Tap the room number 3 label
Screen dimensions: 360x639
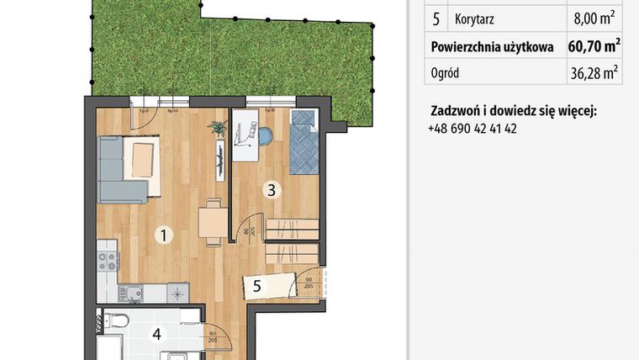(x=271, y=189)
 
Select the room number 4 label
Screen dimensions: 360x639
(x=156, y=334)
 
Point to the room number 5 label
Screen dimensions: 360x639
(x=257, y=286)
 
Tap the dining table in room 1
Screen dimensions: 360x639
(x=210, y=222)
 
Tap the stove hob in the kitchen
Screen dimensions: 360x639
(x=108, y=261)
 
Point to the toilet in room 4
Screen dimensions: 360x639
(x=117, y=320)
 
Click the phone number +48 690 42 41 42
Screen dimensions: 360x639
(x=472, y=129)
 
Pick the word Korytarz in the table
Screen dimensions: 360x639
(x=473, y=17)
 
